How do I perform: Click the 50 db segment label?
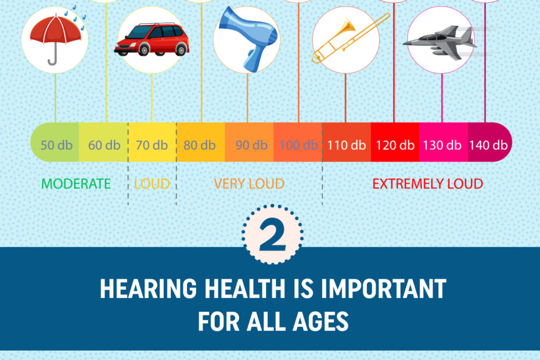coord(56,145)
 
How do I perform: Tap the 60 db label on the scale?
coord(105,145)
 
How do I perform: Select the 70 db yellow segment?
coord(152,145)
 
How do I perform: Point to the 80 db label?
coord(200,145)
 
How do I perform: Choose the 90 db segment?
coord(251,145)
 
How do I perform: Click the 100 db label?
coord(298,145)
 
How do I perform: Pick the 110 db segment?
coord(346,145)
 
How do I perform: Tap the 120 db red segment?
coord(395,145)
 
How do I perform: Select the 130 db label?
coord(442,145)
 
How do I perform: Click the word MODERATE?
coord(75,184)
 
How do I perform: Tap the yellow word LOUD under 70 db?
coord(152,184)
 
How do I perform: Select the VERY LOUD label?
coord(249,184)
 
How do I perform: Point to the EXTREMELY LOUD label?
coord(427,184)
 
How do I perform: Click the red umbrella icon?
coord(55,39)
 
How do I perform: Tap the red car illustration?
coord(152,39)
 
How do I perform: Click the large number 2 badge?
coord(273,238)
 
